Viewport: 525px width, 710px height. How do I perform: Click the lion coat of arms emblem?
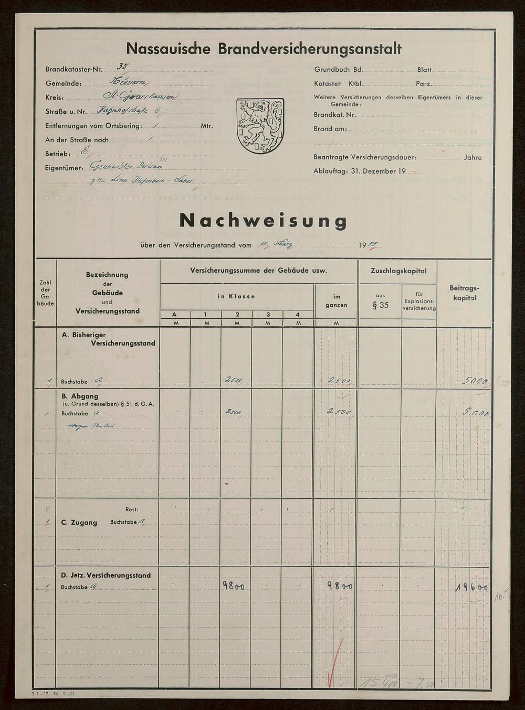pos(260,126)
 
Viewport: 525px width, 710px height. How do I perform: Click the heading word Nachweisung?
pos(263,221)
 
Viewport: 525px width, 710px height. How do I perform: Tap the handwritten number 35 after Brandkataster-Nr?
pos(122,67)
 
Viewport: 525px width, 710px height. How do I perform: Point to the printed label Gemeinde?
pos(64,83)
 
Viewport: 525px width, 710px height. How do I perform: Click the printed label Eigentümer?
pos(64,168)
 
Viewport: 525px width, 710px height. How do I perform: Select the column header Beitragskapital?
pos(464,293)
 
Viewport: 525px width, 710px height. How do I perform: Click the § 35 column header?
pos(380,305)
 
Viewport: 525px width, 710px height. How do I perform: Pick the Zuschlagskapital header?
pos(398,271)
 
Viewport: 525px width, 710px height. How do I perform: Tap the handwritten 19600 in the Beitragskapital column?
pos(471,588)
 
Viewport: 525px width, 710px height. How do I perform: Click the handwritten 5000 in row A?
pos(475,381)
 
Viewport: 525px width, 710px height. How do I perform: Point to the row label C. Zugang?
pos(79,522)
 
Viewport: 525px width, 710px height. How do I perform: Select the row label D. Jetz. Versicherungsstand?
pos(106,575)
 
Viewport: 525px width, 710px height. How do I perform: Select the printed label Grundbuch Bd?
pos(339,70)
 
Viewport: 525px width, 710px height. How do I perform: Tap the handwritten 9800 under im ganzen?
pos(340,586)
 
